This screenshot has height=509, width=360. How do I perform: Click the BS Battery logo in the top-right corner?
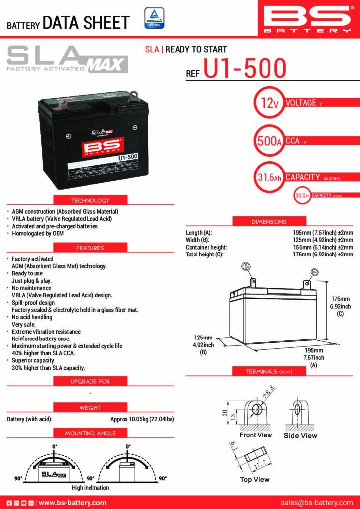click(308, 18)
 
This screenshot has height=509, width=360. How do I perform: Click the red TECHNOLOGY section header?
click(90, 200)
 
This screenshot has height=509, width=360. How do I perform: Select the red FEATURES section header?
click(90, 247)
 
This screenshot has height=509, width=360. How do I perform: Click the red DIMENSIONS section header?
click(269, 221)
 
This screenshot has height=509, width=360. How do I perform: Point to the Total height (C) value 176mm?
click(323, 254)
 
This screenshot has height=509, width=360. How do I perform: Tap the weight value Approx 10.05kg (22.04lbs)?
click(142, 419)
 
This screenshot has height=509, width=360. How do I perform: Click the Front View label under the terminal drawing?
click(256, 435)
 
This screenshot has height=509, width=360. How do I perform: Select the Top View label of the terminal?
click(255, 479)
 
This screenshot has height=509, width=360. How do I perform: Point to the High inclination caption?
click(90, 488)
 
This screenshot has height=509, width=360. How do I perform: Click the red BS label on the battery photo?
click(103, 147)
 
